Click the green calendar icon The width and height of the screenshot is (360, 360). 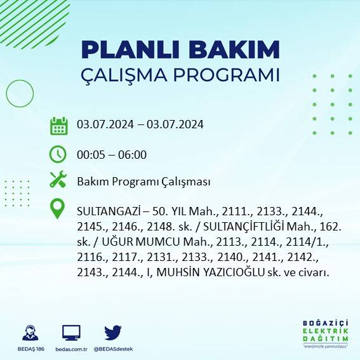coord(58,126)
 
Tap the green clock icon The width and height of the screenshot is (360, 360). coord(58,154)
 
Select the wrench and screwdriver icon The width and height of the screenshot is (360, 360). coord(58,180)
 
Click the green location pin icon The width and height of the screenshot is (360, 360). coord(58,209)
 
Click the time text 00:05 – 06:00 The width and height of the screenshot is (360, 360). coord(112,154)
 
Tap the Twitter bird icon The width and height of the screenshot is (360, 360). coord(112,332)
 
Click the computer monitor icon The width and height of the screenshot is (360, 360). coord(71,332)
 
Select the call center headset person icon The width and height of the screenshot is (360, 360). coord(29,333)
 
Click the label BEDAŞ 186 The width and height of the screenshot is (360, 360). coord(29,349)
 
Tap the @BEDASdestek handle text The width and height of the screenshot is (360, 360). coord(113,349)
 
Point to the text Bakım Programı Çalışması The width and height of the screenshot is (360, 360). coord(143,182)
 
